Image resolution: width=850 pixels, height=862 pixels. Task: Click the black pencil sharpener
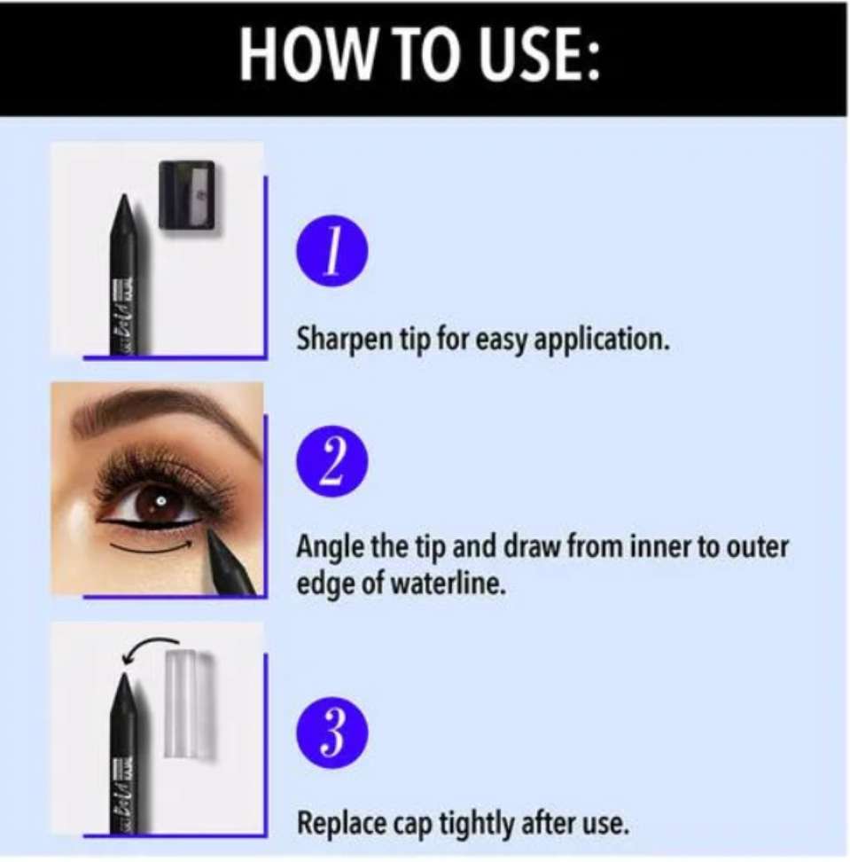click(187, 193)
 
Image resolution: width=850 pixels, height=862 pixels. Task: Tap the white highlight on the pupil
click(161, 501)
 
